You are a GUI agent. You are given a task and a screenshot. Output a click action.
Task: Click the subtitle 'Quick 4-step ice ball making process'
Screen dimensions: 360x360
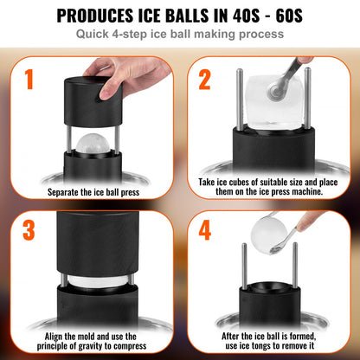point(179,35)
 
